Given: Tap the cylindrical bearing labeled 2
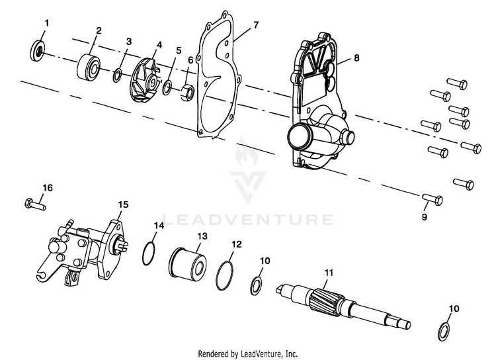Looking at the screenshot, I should point(89,66).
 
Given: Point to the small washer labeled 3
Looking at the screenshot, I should point(116,73).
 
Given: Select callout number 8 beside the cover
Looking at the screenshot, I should point(356,58).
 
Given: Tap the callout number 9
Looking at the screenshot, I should point(425,216).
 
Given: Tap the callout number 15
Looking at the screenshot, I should point(123,204).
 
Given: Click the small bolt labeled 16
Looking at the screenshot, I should point(34,202).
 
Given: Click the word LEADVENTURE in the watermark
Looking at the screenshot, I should point(247,220).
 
